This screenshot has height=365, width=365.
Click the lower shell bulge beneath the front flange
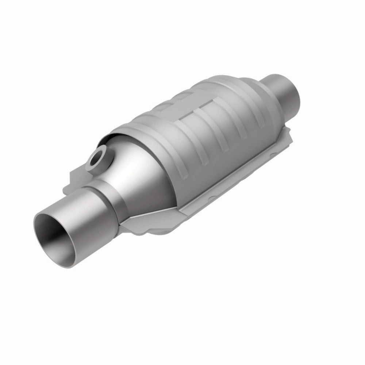[x=161, y=234]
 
